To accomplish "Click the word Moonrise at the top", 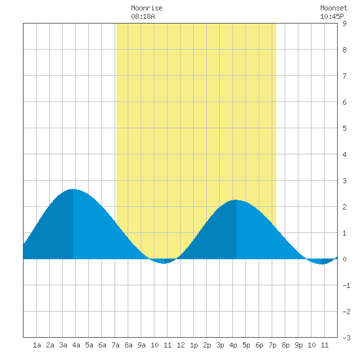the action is coord(147,8).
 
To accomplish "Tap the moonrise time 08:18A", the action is coord(143,16).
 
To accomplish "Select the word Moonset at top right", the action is coord(334,8).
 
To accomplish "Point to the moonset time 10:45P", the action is coord(332,16).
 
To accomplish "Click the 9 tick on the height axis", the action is coord(344,24).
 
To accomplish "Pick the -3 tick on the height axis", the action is coord(346,338).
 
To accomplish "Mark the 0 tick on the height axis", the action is coord(344,259).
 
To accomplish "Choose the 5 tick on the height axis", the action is coord(344,128).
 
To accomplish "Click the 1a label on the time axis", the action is coord(37,345).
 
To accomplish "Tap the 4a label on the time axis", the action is coord(76,345).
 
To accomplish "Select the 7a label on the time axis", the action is coord(115,345).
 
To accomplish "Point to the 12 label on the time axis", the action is coord(181,345).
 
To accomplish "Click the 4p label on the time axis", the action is coord(233,345).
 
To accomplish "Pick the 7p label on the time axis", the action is coord(272,345).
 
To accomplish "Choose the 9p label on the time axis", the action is coord(298,345).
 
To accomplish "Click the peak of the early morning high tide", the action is coord(73,189).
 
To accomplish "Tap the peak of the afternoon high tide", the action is coord(236,200).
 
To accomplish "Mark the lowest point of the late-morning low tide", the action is coord(164,263).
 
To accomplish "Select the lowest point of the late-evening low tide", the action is coord(321,264).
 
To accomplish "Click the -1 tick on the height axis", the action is coord(346,285).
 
